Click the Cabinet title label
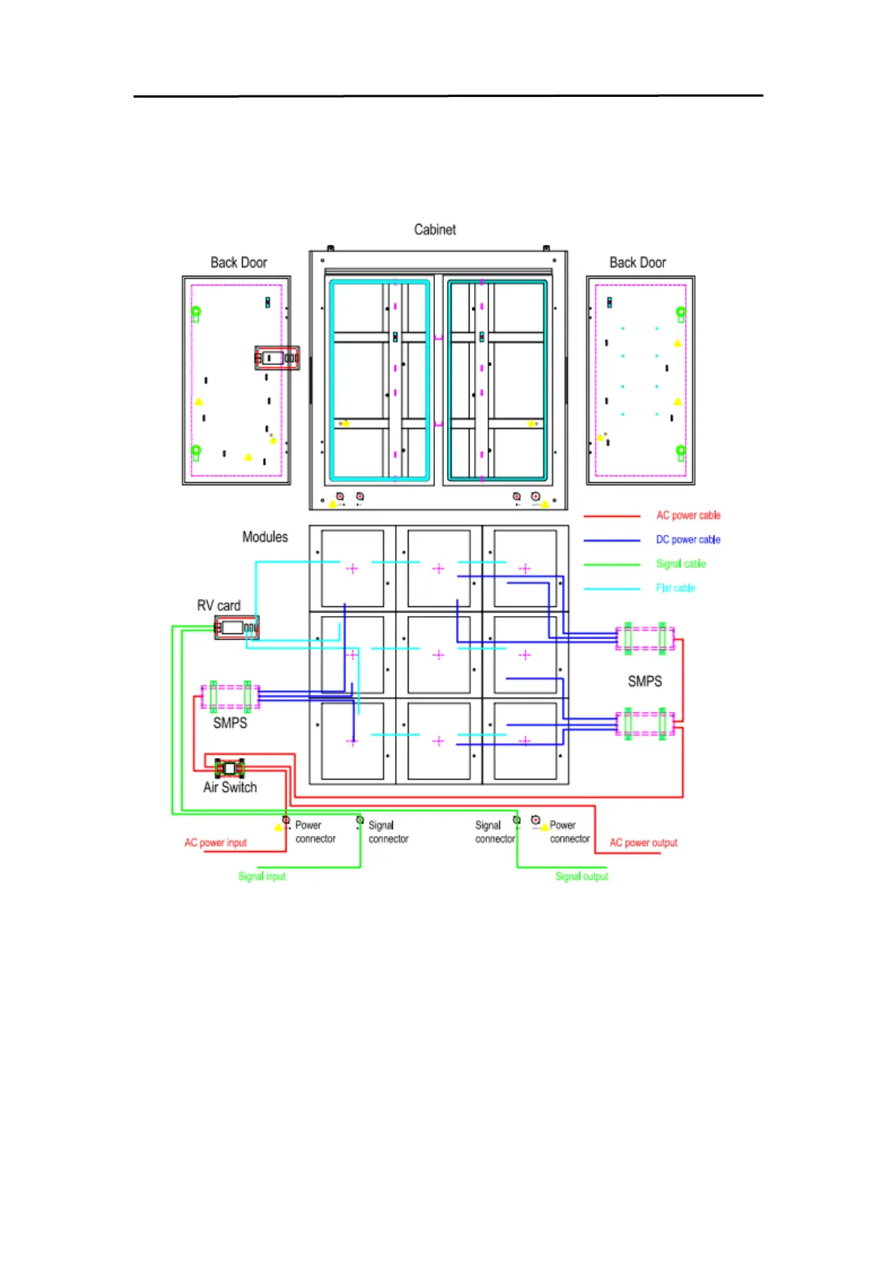pyautogui.click(x=435, y=230)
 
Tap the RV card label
pyautogui.click(x=219, y=605)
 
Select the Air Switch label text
pyautogui.click(x=230, y=787)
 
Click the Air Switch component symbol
pyautogui.click(x=230, y=768)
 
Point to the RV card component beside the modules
pyautogui.click(x=237, y=627)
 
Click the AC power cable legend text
pyautogui.click(x=688, y=515)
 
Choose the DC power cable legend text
pyautogui.click(x=688, y=539)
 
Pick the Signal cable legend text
pyautogui.click(x=681, y=563)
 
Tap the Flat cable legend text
pyautogui.click(x=675, y=587)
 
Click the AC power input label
pyautogui.click(x=216, y=843)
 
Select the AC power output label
pyautogui.click(x=643, y=843)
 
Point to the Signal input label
pyautogui.click(x=262, y=876)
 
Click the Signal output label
pyautogui.click(x=581, y=876)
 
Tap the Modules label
pyautogui.click(x=264, y=537)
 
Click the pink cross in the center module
pyautogui.click(x=439, y=655)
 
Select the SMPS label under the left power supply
pyautogui.click(x=230, y=723)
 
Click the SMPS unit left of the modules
pyautogui.click(x=230, y=696)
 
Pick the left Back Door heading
pyautogui.click(x=239, y=263)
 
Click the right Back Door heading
pyautogui.click(x=638, y=263)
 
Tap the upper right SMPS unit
pyautogui.click(x=645, y=639)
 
